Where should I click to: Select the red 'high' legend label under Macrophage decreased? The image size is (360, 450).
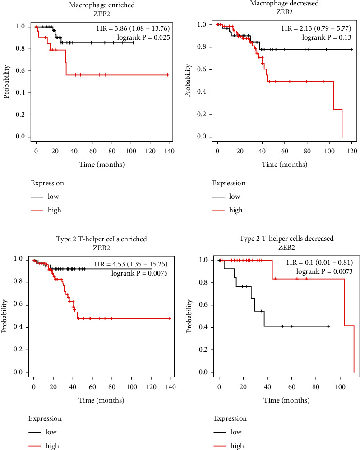pos(235,210)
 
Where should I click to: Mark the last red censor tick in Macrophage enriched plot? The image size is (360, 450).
pos(167,75)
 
